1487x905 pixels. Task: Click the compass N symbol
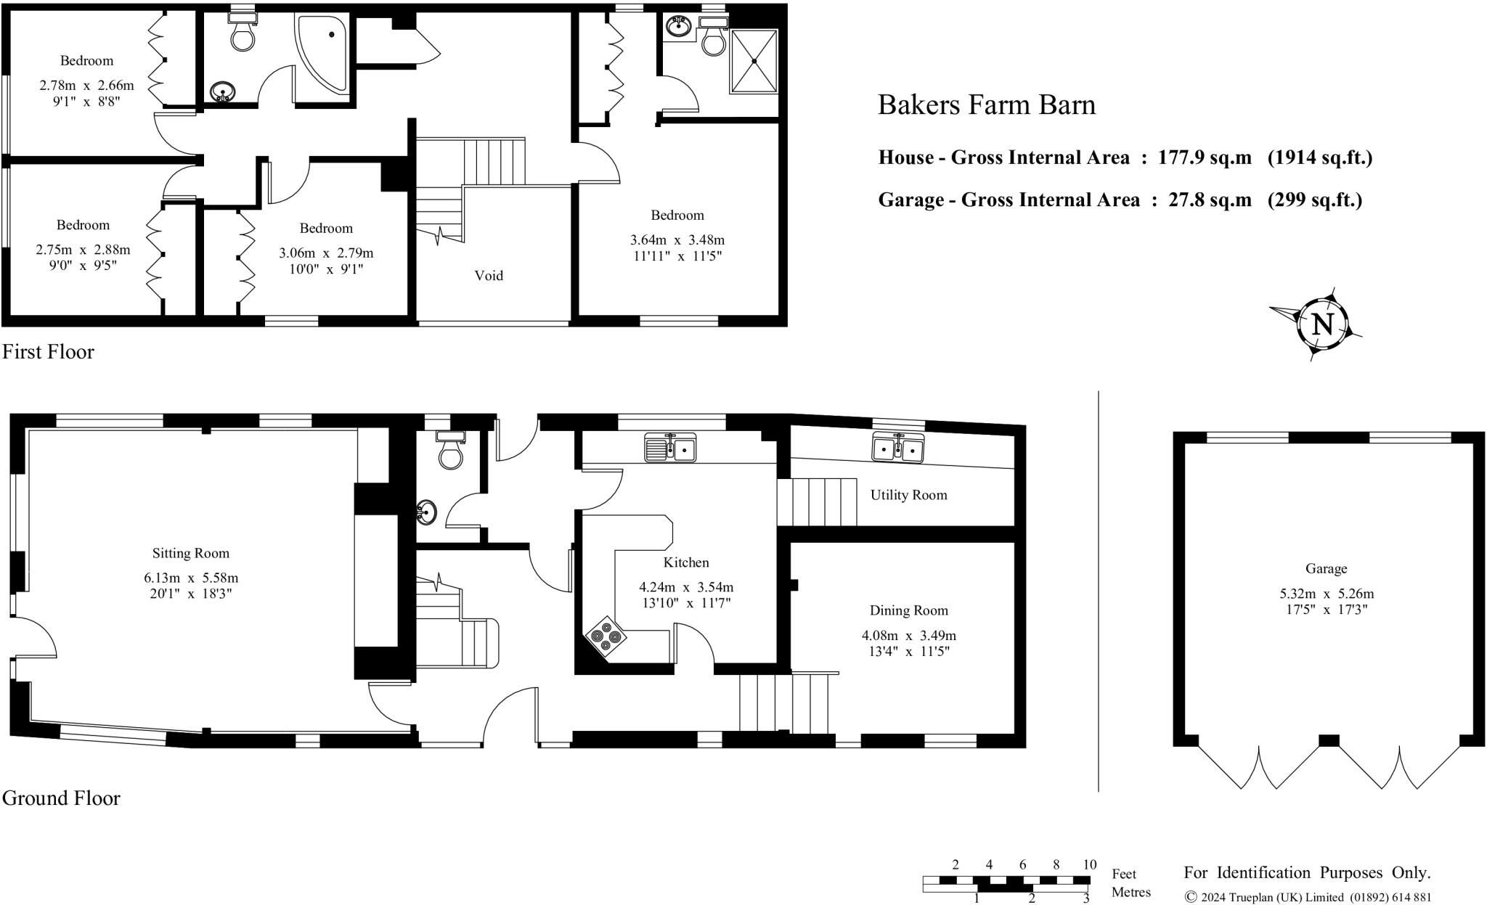(1322, 324)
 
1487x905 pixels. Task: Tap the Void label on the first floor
(489, 275)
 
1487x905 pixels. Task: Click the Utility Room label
(908, 495)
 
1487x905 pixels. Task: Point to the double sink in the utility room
(898, 447)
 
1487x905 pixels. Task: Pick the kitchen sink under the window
(670, 449)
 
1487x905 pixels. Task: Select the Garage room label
(1326, 569)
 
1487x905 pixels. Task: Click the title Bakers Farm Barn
(986, 105)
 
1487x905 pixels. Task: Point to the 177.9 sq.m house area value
(1205, 157)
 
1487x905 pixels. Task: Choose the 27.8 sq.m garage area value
(1210, 200)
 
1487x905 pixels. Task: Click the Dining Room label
(908, 610)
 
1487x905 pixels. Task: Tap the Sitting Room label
(190, 553)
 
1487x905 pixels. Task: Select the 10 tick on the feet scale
(1089, 864)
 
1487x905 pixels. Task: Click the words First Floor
(48, 352)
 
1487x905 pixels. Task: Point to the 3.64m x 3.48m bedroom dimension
(677, 239)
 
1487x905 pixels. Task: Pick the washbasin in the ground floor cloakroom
(427, 512)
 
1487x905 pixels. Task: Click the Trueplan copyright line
(1308, 897)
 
